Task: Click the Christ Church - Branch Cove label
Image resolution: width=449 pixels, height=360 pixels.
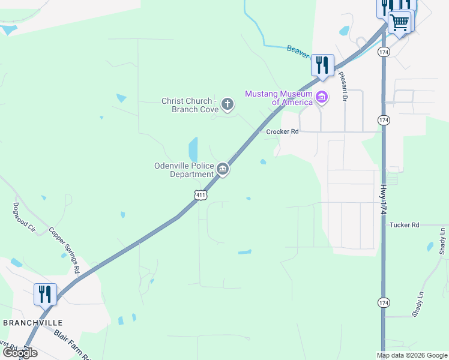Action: [188, 105]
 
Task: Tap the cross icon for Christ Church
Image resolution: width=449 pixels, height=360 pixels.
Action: [227, 104]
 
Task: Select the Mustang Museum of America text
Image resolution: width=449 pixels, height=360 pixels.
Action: [279, 98]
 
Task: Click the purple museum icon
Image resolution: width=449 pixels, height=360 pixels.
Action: [322, 97]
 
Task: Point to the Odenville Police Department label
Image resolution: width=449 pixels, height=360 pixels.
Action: [183, 170]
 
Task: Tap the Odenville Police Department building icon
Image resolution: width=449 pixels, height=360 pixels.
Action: [222, 170]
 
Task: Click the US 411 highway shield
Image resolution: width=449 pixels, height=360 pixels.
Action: [200, 195]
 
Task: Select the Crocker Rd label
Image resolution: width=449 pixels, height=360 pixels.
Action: [282, 131]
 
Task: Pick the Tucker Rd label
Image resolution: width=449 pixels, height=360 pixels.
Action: [403, 225]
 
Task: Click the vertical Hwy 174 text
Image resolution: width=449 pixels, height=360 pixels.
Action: [383, 200]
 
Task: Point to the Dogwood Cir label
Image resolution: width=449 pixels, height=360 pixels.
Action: [24, 217]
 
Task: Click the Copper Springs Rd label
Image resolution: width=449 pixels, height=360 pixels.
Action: [64, 250]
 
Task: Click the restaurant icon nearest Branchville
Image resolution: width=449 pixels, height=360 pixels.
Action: [45, 295]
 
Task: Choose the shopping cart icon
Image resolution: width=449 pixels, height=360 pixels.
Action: [400, 23]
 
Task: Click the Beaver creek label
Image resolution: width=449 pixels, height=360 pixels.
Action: [298, 52]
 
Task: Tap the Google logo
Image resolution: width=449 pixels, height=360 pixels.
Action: [19, 353]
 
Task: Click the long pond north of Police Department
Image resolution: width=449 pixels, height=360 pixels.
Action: [193, 149]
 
